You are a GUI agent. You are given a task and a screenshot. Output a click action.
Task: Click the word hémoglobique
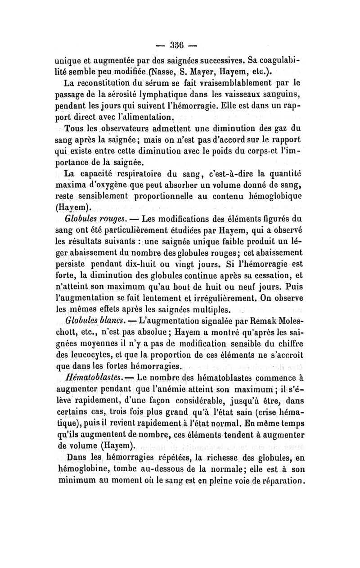pyautogui.click(x=274, y=196)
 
